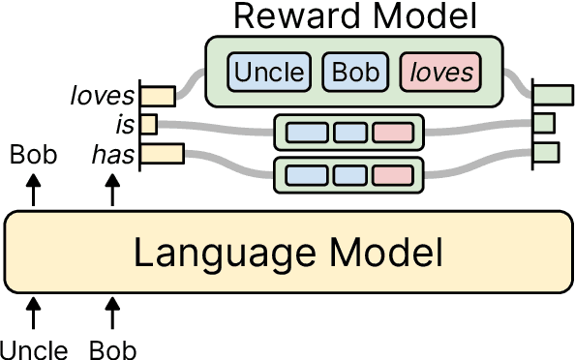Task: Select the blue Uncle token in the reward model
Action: (268, 72)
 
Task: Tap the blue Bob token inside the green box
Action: (353, 72)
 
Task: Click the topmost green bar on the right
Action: (555, 95)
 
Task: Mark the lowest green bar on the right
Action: (547, 152)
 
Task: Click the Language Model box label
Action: (287, 254)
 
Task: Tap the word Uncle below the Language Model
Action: (33, 348)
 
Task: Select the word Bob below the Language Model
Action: (112, 348)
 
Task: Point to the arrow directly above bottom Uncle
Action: (34, 313)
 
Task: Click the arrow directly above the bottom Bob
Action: (112, 313)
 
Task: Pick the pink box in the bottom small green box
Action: (392, 175)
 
